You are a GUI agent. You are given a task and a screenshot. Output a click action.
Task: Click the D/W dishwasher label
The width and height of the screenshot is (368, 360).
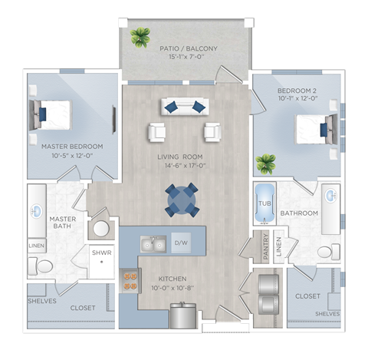181,243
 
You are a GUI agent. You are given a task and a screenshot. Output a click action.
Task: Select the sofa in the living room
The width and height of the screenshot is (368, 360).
185,107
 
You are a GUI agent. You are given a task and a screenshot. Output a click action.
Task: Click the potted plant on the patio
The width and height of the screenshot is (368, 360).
140,38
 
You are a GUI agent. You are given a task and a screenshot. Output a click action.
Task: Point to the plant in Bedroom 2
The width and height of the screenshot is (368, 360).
266,164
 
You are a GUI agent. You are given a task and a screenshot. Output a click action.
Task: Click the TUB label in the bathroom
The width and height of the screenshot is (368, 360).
264,203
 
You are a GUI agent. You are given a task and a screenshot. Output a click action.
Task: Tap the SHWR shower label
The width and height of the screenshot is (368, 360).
102,253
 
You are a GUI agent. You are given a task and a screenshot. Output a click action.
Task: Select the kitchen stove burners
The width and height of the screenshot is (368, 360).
130,281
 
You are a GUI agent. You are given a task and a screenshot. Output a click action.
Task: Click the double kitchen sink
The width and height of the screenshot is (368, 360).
153,244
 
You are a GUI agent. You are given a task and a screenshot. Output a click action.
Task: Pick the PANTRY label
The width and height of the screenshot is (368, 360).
265,246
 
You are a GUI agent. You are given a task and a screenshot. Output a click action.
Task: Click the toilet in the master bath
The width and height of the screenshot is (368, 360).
41,266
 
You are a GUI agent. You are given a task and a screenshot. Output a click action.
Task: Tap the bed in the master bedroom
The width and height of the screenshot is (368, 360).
50,115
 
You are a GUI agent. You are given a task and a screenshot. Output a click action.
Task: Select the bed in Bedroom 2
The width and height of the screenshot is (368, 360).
317,129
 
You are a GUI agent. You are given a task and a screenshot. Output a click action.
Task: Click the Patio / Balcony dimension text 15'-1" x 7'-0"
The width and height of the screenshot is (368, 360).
187,57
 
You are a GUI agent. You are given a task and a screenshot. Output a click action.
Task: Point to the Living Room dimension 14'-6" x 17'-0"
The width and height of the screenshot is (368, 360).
185,166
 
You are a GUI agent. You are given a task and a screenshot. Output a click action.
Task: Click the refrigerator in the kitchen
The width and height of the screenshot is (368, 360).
183,315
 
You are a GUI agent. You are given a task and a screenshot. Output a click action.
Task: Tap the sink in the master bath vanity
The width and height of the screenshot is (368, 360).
37,211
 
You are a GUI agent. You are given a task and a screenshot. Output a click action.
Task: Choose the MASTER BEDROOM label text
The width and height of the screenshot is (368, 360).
72,147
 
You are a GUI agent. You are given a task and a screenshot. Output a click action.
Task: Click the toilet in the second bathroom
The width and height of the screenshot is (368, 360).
329,252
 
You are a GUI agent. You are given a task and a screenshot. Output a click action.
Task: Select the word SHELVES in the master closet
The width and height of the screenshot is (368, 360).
42,301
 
